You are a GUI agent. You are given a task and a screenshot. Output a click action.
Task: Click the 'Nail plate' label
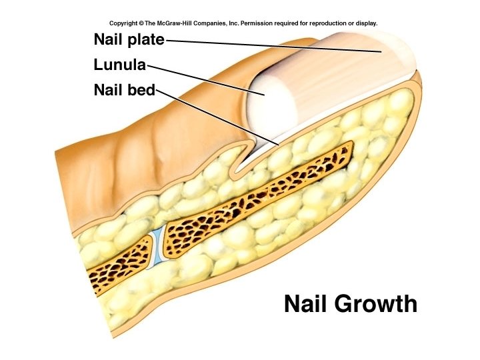coord(129,40)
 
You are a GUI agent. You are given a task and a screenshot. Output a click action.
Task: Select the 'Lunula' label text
coord(120,65)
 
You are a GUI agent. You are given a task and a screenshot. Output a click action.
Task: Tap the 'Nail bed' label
coord(125,90)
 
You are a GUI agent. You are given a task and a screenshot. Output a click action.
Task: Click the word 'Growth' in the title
coord(377,304)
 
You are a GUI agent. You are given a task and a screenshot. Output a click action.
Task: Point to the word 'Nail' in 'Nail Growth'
coord(307,304)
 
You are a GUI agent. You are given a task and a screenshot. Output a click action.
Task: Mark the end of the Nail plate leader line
coord(382,51)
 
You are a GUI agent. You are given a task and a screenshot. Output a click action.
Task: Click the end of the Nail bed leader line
coord(279,144)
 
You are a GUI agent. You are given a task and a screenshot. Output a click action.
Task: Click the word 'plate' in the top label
coord(147,40)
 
